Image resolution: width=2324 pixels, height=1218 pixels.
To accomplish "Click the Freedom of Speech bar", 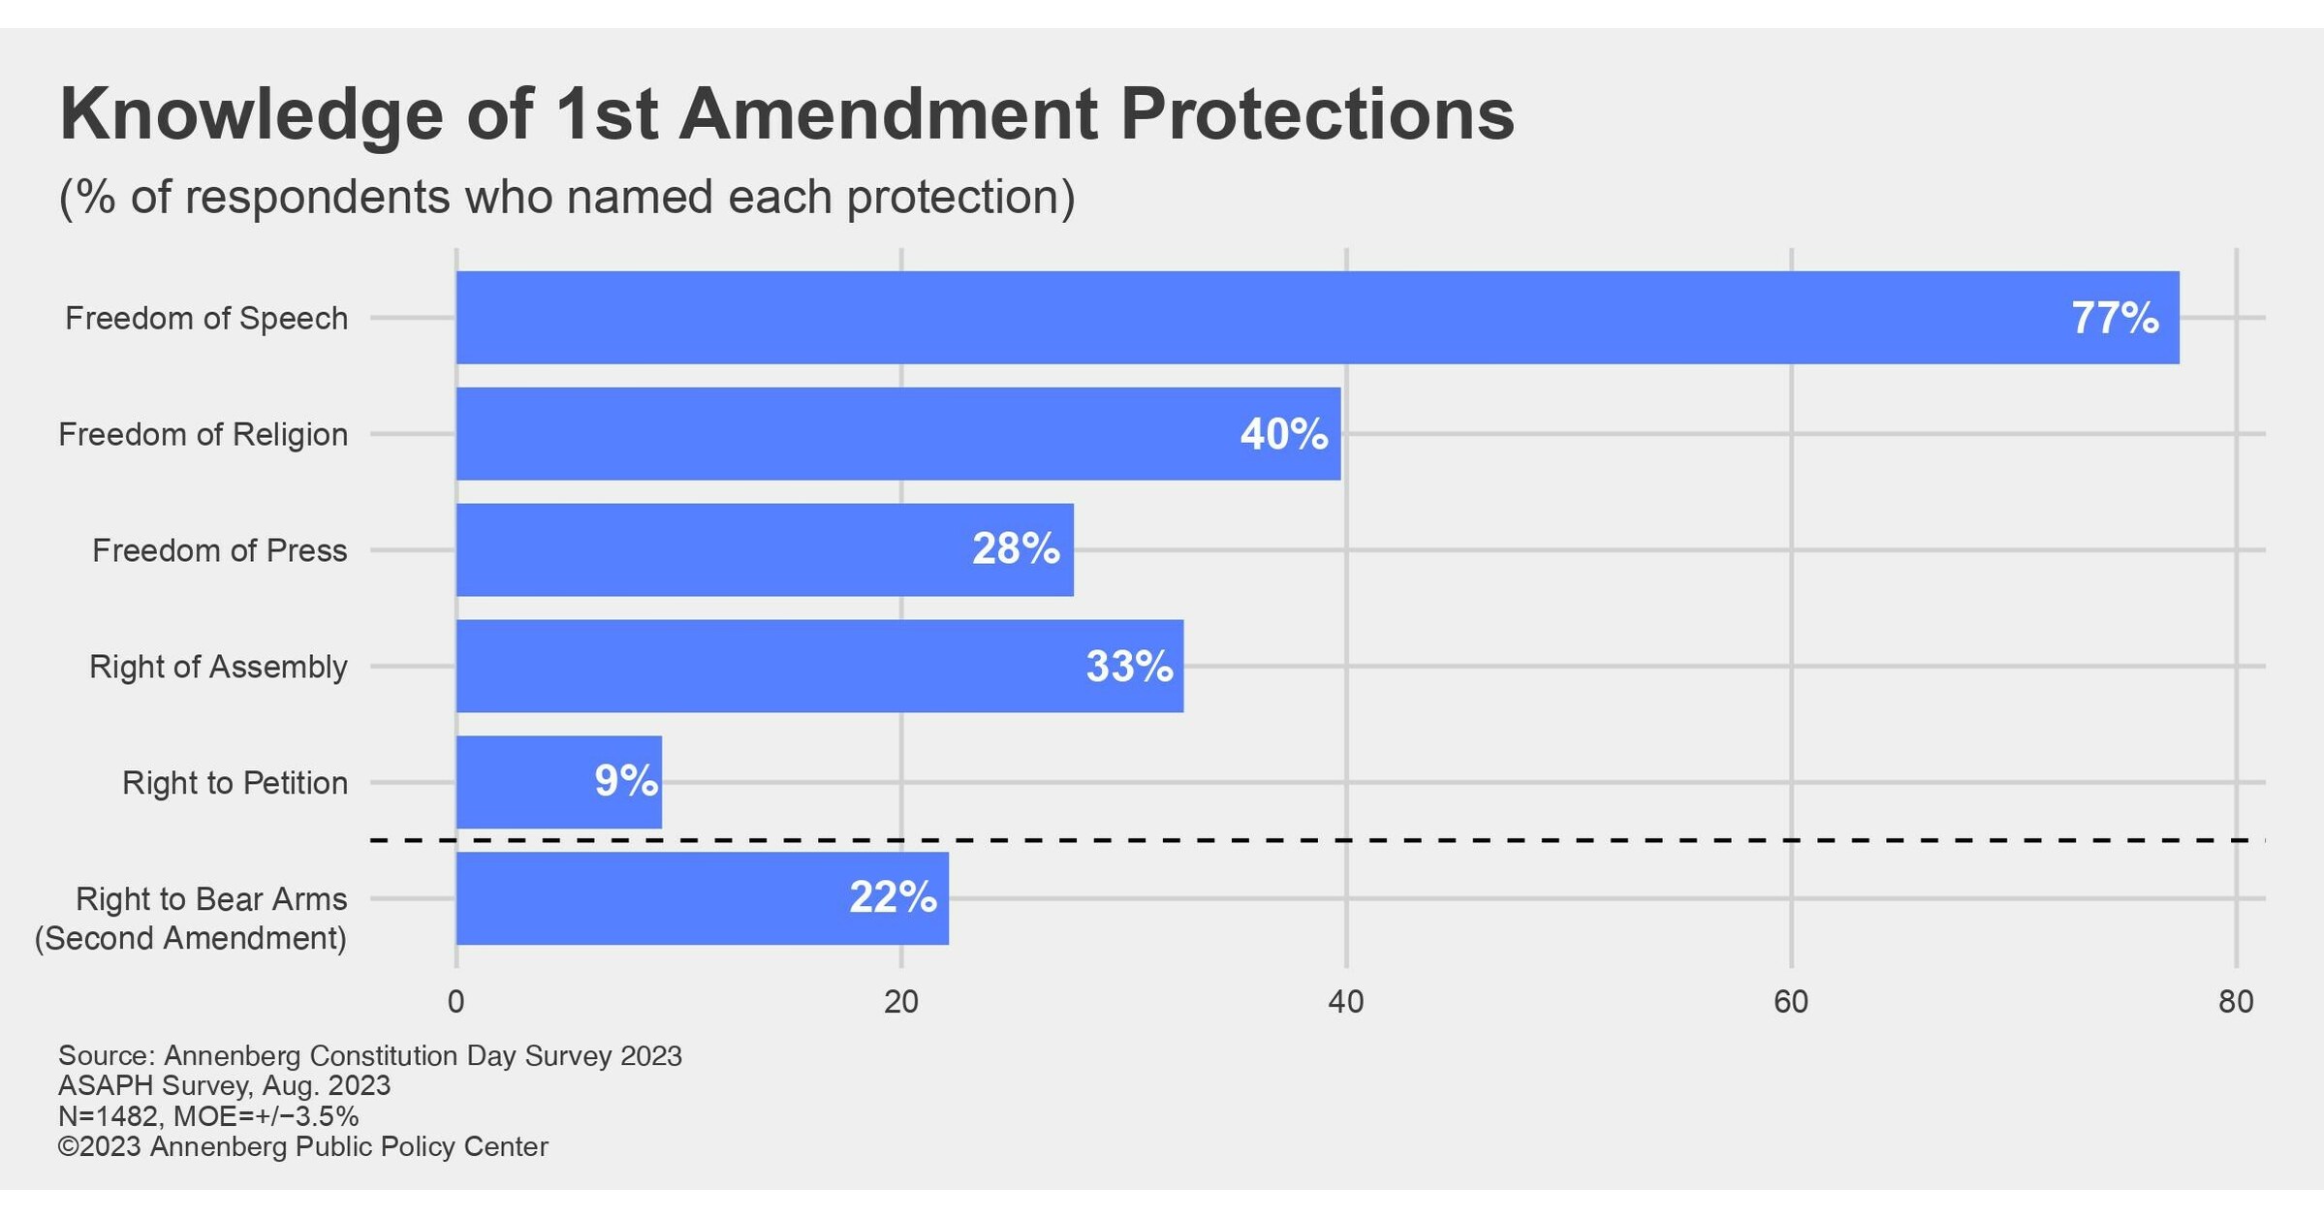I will point(1260,318).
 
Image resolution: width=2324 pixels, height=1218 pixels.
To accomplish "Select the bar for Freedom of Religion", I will point(872,434).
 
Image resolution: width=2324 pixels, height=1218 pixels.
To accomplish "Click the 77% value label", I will point(2115,318).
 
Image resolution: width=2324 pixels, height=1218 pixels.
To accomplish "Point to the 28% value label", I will point(1016,549).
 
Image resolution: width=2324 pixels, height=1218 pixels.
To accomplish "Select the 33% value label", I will point(1129,667).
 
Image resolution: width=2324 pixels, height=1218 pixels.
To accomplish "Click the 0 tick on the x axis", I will point(455,1002).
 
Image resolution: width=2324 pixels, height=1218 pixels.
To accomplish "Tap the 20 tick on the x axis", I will point(901,1002).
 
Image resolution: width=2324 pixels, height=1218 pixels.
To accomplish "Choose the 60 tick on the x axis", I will point(1791,1002).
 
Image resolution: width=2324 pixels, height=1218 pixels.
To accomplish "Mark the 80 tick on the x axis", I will point(2236,1002).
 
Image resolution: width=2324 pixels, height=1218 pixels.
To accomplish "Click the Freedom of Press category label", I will point(220,550).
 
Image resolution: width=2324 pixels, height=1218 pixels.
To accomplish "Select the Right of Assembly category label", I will point(218,667).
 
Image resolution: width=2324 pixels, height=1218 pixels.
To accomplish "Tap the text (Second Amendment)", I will point(191,938).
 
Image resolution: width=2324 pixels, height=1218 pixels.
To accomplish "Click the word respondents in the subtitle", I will point(317,197).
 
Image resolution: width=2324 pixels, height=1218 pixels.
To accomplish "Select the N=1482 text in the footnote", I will point(108,1116).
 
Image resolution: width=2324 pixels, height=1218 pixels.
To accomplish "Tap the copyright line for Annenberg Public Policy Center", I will point(302,1147).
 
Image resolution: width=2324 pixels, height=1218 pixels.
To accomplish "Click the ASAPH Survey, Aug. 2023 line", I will point(224,1085).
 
